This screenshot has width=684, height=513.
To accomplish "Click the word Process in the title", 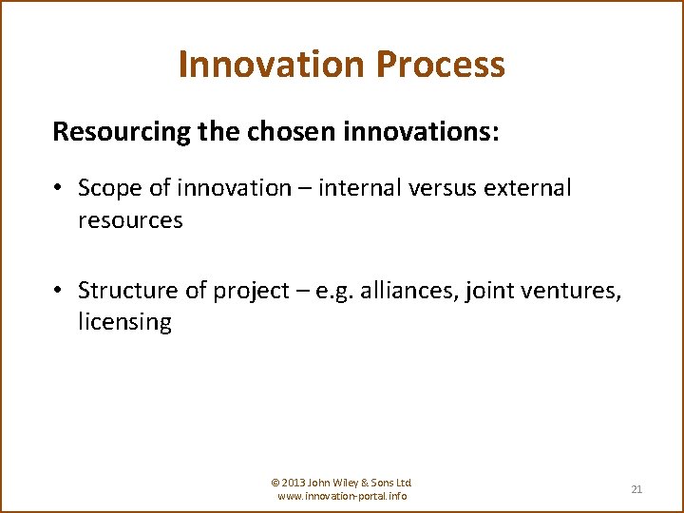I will tap(440, 65).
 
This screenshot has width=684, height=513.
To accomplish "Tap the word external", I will tap(528, 188).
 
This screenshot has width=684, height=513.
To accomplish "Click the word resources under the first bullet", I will tap(130, 220).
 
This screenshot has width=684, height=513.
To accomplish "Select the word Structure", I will tap(125, 290).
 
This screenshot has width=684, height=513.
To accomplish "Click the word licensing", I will tap(124, 322).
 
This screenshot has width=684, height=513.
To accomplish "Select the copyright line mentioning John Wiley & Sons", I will tap(342, 483).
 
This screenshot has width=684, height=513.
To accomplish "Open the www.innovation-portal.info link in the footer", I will tap(342, 496).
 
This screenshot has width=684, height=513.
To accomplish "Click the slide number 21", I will tap(636, 489).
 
